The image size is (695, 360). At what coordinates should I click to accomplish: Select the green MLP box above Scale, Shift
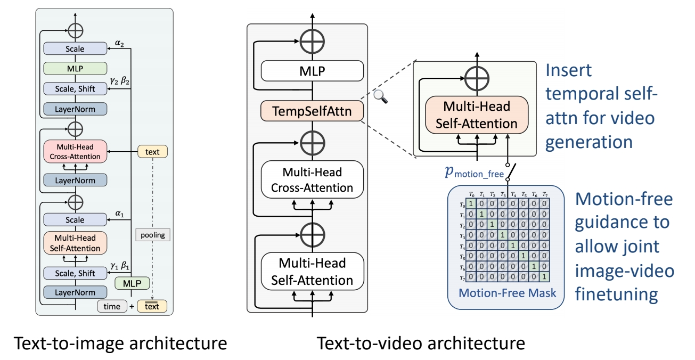[x=75, y=68]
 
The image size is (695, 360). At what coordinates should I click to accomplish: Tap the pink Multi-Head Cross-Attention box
[x=75, y=152]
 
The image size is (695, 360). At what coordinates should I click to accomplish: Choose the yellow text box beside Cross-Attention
[x=152, y=152]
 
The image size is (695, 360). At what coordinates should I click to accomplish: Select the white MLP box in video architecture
[x=312, y=70]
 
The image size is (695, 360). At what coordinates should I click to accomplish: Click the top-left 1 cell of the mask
[x=471, y=203]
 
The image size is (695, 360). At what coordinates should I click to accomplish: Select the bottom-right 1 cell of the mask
[x=543, y=276]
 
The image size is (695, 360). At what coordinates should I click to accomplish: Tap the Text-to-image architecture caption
[x=120, y=343]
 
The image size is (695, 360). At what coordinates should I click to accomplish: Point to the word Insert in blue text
[x=570, y=70]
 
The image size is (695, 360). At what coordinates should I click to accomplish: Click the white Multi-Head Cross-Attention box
[x=312, y=180]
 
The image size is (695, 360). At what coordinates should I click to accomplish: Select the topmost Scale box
[x=75, y=49]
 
